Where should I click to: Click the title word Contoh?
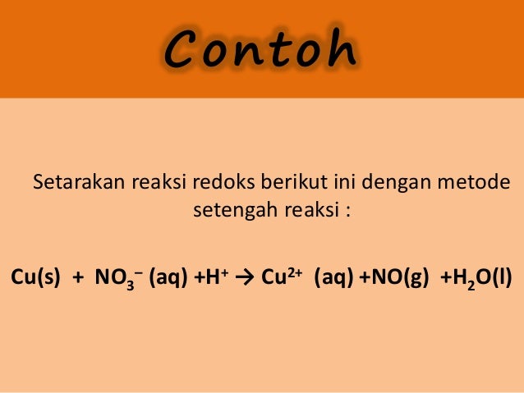coord(260,51)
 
